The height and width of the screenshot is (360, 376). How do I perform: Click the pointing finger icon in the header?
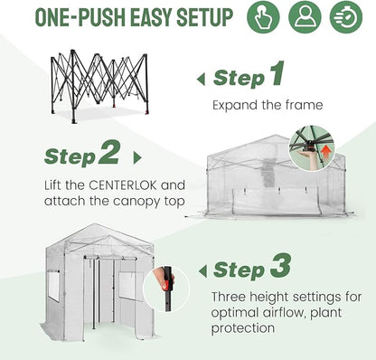263,17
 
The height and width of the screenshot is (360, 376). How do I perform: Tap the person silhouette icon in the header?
305,17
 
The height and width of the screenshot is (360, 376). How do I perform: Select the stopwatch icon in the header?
346,17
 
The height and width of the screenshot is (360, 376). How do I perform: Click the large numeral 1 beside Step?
277,73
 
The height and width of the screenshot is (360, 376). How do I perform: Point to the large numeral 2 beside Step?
109,152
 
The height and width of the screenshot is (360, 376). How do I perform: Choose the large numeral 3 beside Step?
281,266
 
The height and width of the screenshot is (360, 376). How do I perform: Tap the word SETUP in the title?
205,17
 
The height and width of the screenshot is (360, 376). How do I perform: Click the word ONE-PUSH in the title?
80,17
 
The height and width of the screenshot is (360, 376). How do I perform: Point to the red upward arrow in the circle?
326,154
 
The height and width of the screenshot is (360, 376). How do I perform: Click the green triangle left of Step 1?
201,80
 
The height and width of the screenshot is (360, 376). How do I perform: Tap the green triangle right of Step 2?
137,158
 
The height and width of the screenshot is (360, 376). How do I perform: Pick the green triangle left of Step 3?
203,271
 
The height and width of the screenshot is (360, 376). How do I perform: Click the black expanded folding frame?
99,86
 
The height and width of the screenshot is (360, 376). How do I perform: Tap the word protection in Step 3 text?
243,328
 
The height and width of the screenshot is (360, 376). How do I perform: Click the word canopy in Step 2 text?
139,202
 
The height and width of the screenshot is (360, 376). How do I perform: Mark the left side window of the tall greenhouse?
54,287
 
